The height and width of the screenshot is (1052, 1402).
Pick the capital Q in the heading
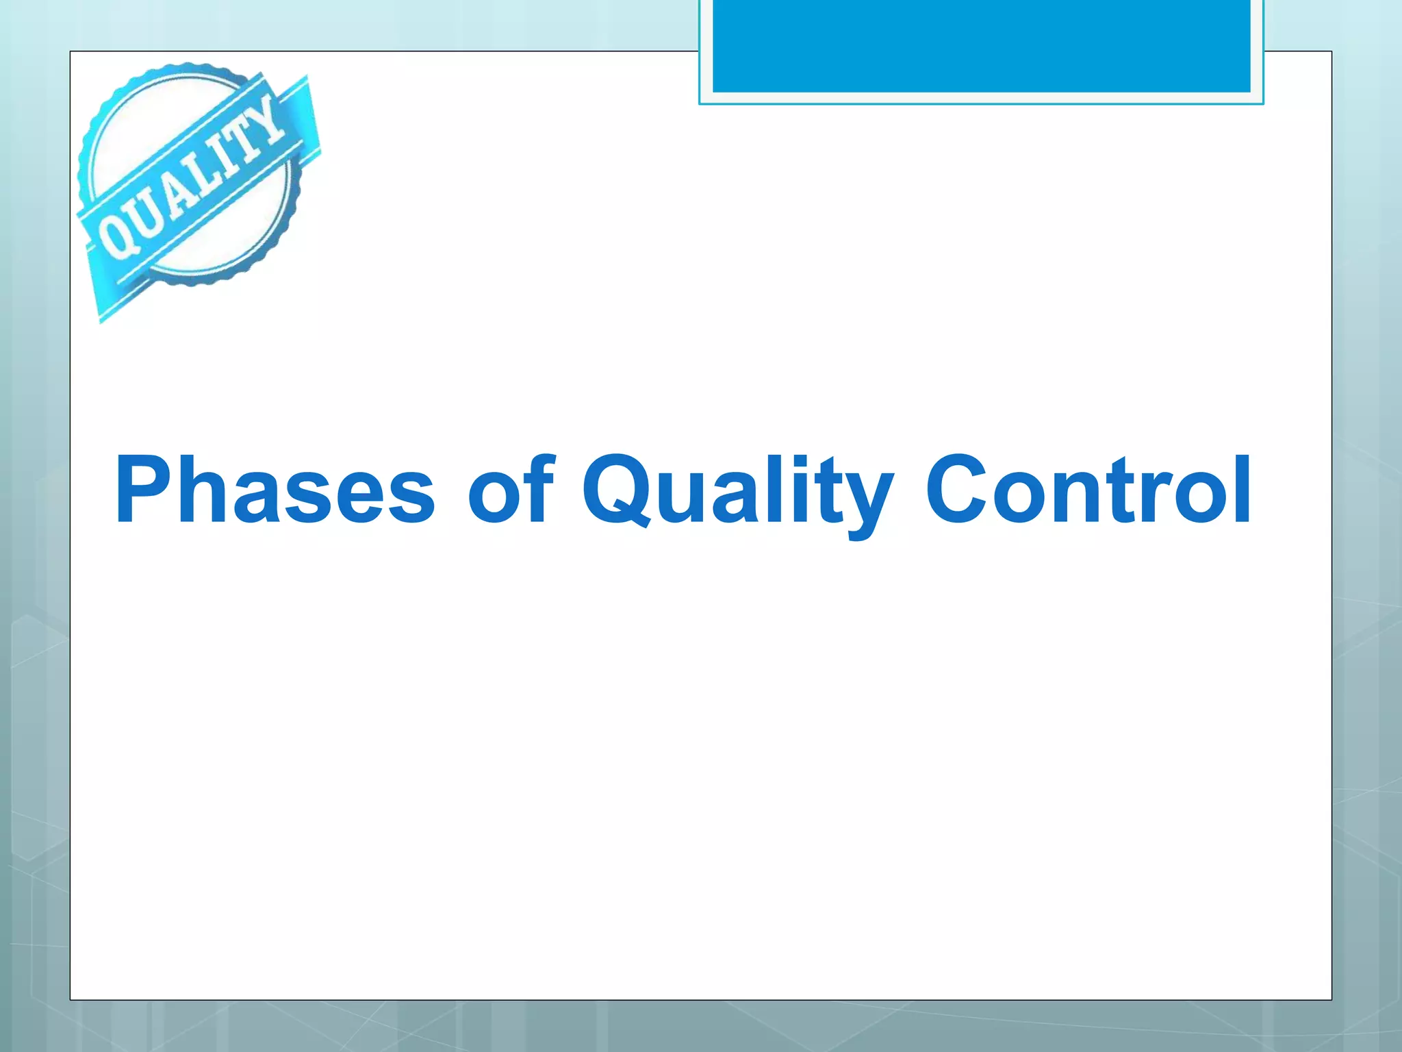tap(617, 490)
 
